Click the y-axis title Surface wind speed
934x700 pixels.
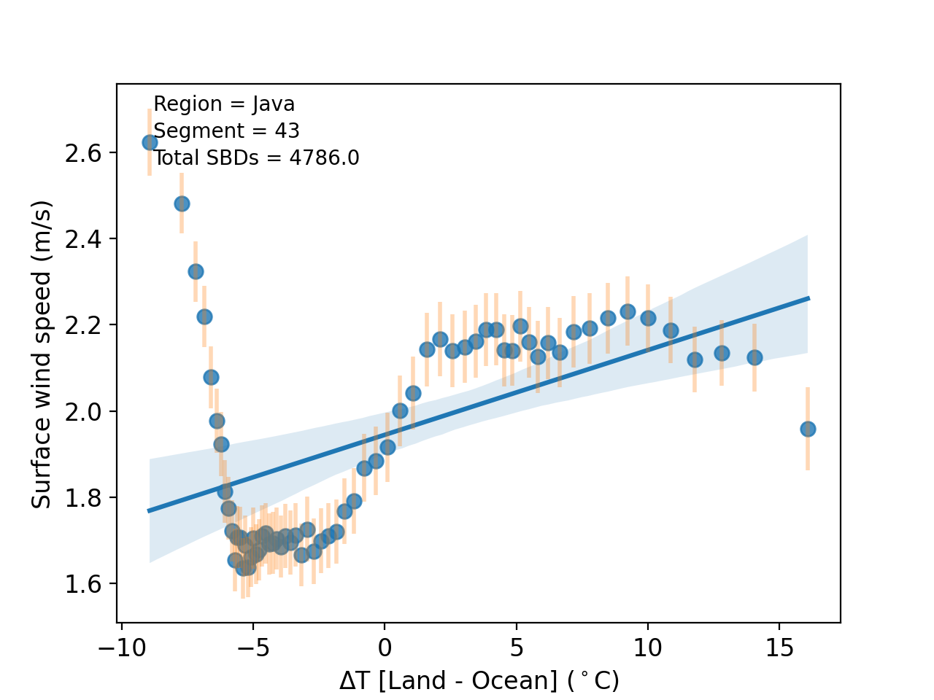click(x=42, y=354)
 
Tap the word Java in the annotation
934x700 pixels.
click(x=274, y=104)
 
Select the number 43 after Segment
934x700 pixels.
click(x=287, y=131)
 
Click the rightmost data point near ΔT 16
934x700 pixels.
click(x=808, y=429)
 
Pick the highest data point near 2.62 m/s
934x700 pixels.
click(x=150, y=142)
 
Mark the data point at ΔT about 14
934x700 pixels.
click(x=754, y=357)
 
